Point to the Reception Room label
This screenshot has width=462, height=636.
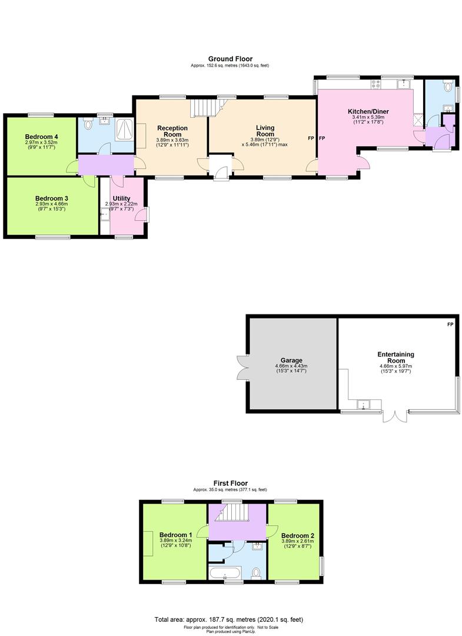(172, 131)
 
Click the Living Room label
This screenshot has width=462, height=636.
(265, 131)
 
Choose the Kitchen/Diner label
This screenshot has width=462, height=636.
(368, 111)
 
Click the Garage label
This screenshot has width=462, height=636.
(291, 360)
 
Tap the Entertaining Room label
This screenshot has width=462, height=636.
(396, 357)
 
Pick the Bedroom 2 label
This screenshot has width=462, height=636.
(297, 535)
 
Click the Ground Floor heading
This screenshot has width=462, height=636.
(230, 58)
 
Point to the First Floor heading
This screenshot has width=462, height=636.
(230, 483)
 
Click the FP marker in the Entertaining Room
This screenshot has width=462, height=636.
(450, 324)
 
